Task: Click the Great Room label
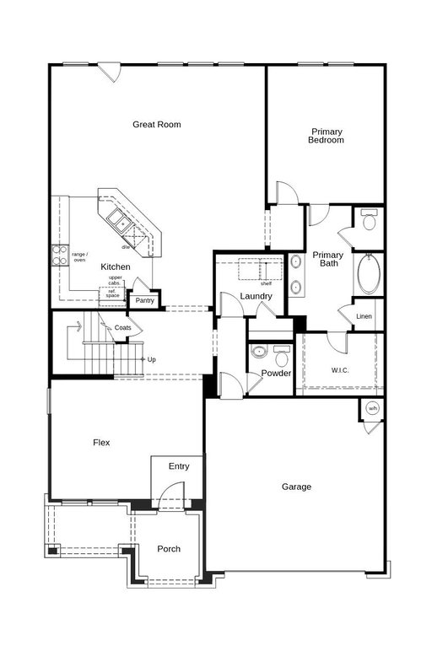[157, 124]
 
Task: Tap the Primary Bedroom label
[326, 136]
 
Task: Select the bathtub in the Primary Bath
[369, 274]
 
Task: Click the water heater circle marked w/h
[373, 408]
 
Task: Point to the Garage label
[296, 487]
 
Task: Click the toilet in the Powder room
[283, 355]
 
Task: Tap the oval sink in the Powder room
[259, 352]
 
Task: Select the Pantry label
[144, 300]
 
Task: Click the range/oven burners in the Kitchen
[59, 256]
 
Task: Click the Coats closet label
[122, 327]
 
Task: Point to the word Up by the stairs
[152, 359]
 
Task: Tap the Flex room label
[101, 443]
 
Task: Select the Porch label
[169, 549]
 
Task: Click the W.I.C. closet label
[340, 370]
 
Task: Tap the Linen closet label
[364, 316]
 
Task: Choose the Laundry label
[256, 296]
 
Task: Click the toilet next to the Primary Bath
[369, 220]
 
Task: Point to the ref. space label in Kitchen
[112, 293]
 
